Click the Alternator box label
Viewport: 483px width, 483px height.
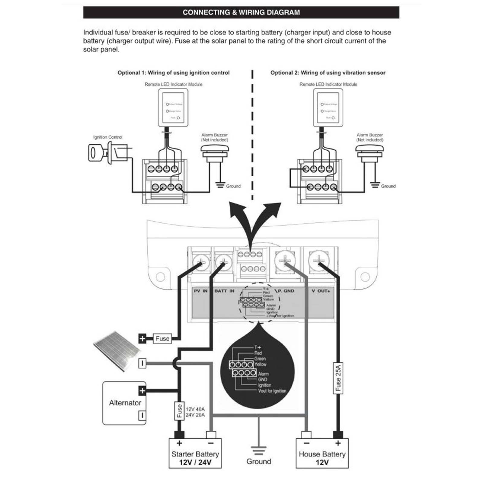click(x=125, y=403)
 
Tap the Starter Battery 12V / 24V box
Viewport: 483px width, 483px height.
click(x=195, y=454)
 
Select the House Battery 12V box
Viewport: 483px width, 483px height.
click(x=322, y=454)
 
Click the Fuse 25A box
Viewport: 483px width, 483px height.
click(x=338, y=378)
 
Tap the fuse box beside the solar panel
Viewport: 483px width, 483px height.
click(x=162, y=338)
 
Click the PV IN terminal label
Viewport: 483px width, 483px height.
click(x=200, y=291)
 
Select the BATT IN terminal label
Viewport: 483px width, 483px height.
click(x=224, y=291)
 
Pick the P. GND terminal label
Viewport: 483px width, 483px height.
click(x=286, y=291)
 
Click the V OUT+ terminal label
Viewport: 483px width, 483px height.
click(x=321, y=291)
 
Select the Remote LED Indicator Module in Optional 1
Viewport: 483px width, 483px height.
click(x=173, y=108)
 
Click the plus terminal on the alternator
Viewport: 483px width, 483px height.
click(x=142, y=391)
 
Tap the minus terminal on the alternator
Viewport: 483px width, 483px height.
click(x=142, y=415)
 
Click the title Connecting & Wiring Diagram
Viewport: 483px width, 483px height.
click(x=241, y=12)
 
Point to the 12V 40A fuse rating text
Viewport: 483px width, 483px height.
click(x=195, y=409)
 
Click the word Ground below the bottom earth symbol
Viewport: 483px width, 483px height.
click(x=258, y=462)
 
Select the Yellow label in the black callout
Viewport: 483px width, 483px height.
click(x=260, y=364)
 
